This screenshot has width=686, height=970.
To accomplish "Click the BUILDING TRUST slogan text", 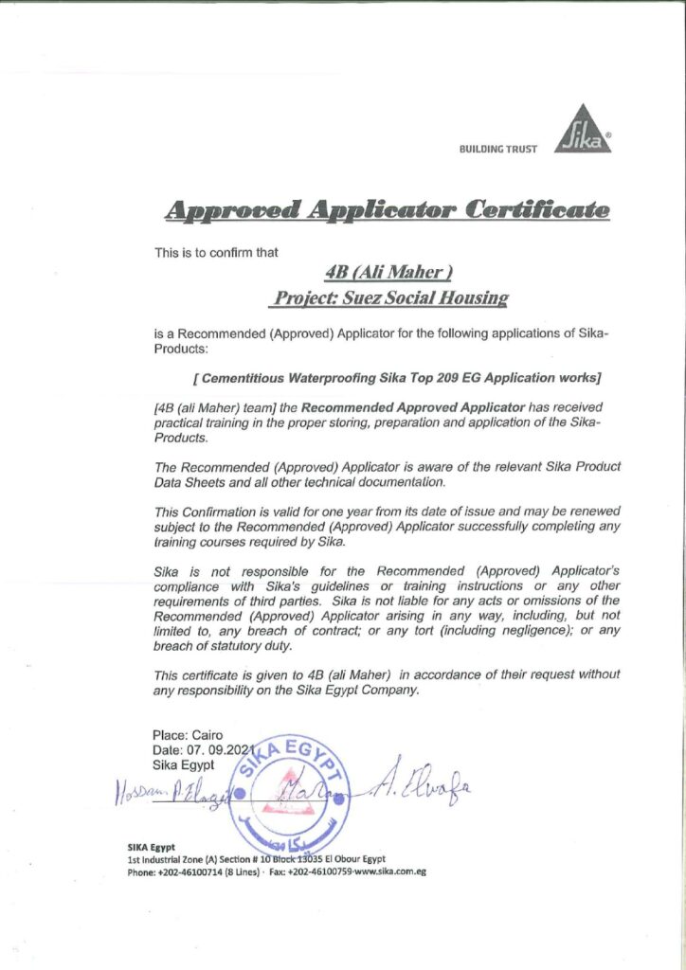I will [x=497, y=149].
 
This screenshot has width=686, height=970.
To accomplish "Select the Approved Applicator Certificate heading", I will [x=388, y=210].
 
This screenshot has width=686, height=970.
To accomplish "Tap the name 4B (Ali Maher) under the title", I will [x=388, y=273].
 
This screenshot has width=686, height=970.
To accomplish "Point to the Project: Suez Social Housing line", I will [x=389, y=297].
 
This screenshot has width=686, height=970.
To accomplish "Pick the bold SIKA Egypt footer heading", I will [x=152, y=846].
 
